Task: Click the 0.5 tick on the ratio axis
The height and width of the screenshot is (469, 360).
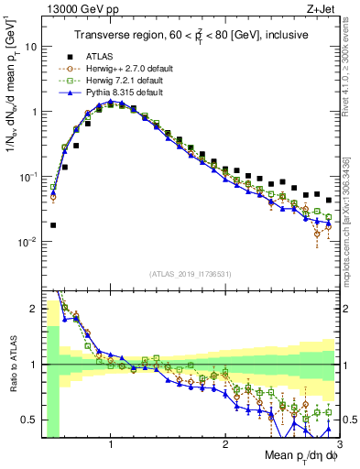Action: coord(29,420)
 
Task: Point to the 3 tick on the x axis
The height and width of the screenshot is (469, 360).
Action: coord(339,444)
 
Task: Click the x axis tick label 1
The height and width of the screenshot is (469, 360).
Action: coord(111,444)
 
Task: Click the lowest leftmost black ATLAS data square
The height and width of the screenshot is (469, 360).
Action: coord(53,224)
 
